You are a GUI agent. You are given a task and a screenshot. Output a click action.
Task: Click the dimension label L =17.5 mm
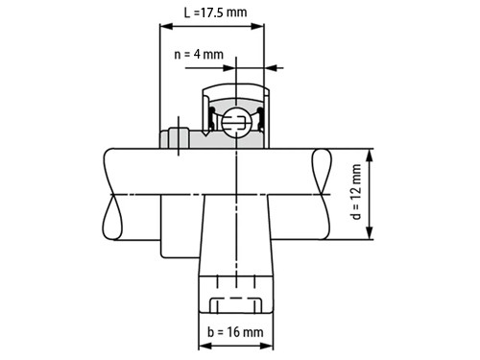pos(215,12)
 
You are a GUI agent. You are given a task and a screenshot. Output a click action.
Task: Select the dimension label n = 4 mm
pos(199,54)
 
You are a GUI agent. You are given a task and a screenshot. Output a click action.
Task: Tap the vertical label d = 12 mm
pos(356,192)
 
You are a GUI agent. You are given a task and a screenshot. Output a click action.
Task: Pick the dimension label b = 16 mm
pos(235,332)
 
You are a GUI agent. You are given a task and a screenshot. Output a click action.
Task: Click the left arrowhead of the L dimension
pos(166,26)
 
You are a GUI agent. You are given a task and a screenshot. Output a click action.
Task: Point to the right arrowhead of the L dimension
pos(258,26)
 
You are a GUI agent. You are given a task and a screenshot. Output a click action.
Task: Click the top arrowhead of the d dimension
pos(370,156)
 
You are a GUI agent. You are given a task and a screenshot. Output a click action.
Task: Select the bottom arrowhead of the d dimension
pos(370,233)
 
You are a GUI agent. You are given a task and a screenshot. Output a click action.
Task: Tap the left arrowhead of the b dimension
pos(205,346)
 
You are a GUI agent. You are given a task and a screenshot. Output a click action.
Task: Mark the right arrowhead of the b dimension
pos(267,346)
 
